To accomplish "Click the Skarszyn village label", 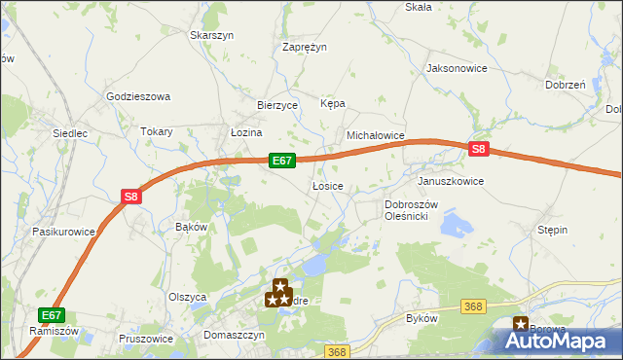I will click(212, 35).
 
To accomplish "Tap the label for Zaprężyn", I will click(304, 46).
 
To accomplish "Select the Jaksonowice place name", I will click(456, 68).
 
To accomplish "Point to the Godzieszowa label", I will click(137, 96).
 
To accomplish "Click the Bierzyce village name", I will click(276, 105).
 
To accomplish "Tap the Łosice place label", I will click(326, 185).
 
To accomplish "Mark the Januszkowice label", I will click(450, 181).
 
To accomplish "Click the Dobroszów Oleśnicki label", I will click(414, 210).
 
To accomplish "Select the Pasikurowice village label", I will click(63, 232).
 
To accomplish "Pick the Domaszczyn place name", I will click(235, 334).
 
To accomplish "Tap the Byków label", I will click(421, 318).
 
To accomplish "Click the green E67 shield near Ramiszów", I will click(52, 314).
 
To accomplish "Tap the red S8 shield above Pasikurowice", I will click(132, 197).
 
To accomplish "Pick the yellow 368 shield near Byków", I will click(474, 307).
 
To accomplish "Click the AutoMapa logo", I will click(559, 341).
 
